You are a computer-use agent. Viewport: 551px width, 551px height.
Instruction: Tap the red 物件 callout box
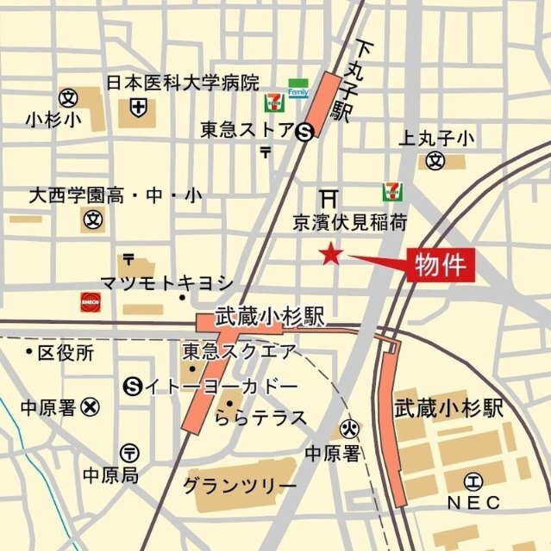tap(440, 264)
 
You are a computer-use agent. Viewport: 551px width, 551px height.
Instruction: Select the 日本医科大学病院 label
tap(182, 84)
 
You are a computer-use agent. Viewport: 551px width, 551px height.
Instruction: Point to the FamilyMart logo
tap(298, 90)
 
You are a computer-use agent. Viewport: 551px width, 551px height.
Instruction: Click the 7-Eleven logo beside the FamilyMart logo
tap(272, 103)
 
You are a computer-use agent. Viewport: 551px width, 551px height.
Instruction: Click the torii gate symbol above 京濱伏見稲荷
tap(329, 197)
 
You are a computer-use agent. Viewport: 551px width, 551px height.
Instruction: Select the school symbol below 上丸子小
tap(437, 160)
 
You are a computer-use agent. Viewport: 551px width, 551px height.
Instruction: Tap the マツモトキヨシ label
tap(166, 282)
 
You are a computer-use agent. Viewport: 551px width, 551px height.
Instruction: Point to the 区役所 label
tap(66, 353)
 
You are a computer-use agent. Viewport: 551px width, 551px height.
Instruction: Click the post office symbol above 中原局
tap(129, 451)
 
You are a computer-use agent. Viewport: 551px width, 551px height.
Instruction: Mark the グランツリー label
tap(239, 485)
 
